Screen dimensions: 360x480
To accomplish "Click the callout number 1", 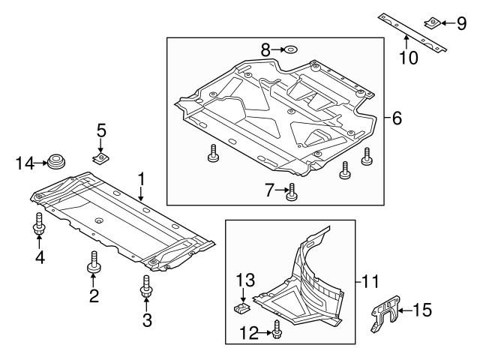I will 140,179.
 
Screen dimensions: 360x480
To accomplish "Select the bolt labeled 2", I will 94,263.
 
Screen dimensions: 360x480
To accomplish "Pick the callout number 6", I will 396,118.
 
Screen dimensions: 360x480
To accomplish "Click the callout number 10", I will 408,58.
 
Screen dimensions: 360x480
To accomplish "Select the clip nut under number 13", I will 242,307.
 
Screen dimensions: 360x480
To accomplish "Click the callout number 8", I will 265,50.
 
